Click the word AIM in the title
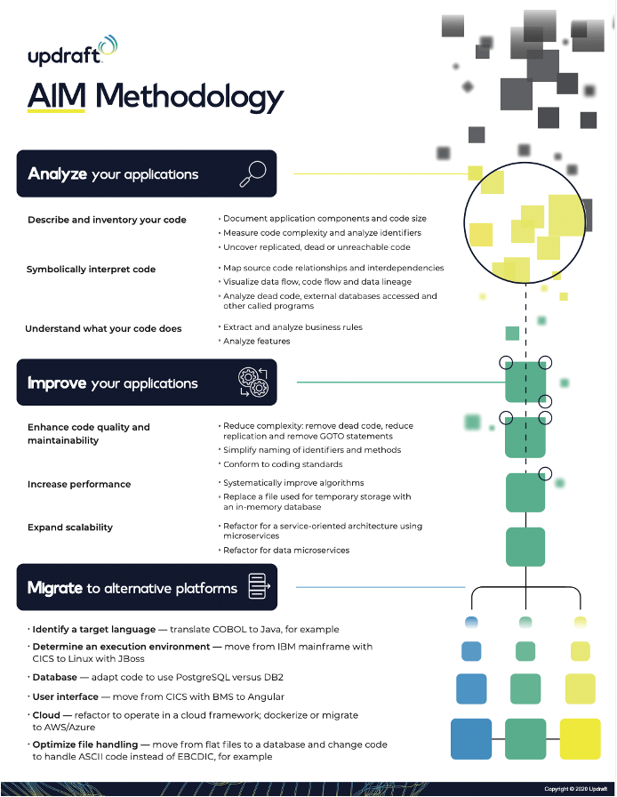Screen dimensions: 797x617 coord(56,96)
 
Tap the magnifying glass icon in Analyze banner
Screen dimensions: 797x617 coord(252,173)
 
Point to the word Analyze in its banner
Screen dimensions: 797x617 coord(57,173)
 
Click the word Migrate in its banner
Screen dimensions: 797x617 coord(55,588)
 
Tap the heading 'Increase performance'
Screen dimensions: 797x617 coord(79,484)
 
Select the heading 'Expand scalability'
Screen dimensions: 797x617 coord(70,527)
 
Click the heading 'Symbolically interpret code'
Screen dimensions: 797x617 coord(91,269)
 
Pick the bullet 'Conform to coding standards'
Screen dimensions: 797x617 coord(283,464)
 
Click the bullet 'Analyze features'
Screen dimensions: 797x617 coord(256,341)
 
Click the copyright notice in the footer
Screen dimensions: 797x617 coord(575,789)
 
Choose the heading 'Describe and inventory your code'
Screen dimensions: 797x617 coord(107,219)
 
